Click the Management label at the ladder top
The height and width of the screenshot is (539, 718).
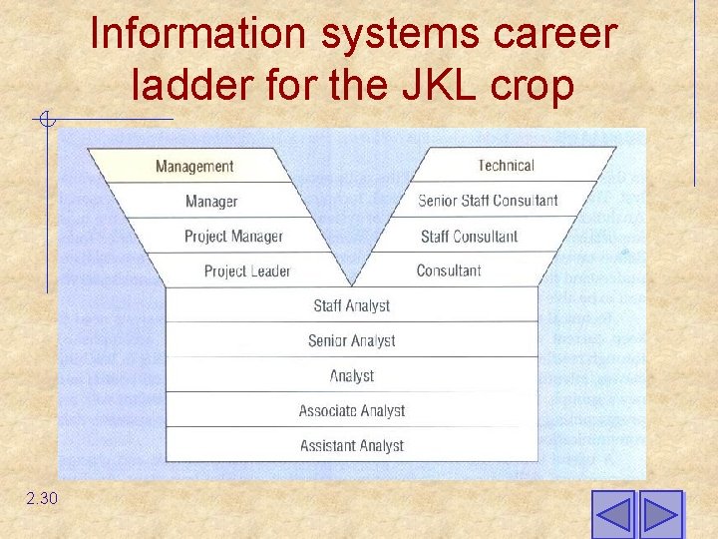(x=194, y=167)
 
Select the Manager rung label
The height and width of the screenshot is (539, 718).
(x=211, y=202)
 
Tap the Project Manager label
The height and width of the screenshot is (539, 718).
(x=233, y=237)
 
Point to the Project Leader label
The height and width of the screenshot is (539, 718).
(x=247, y=271)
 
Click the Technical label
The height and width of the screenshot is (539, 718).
(x=506, y=166)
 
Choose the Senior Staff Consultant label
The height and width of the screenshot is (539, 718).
(x=488, y=201)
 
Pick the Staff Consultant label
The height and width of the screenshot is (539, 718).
(x=469, y=237)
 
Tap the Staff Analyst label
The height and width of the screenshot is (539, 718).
(x=351, y=305)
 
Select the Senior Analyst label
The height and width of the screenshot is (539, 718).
(x=351, y=341)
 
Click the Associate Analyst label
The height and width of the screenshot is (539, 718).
(x=351, y=411)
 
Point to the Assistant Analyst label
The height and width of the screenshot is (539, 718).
(x=351, y=446)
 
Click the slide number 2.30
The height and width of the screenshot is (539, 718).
(x=43, y=497)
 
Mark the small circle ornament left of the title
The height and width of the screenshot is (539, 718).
(x=46, y=122)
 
